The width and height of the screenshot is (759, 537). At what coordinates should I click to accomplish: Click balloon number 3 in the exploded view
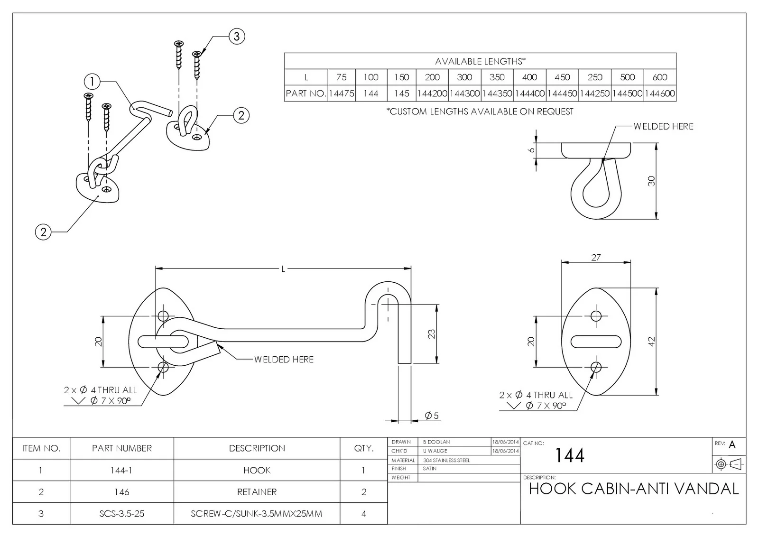tap(237, 36)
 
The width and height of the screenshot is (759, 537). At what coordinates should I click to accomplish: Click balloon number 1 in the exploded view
tap(92, 82)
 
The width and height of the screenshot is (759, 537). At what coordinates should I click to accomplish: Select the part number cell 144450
tap(562, 93)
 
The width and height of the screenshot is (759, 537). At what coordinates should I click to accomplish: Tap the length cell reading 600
tap(659, 77)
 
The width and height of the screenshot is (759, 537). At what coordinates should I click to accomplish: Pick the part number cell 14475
tap(341, 93)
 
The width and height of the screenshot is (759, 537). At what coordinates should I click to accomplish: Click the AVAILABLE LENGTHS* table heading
tap(480, 61)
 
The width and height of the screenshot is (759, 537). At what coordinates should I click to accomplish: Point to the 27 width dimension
tap(596, 258)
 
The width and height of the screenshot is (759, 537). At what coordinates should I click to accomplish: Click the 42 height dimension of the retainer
tap(651, 342)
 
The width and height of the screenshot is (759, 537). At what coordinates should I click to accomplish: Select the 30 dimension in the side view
tap(651, 181)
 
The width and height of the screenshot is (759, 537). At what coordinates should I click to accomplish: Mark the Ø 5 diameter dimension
tap(432, 416)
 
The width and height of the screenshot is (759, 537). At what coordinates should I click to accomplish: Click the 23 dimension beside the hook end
tap(431, 334)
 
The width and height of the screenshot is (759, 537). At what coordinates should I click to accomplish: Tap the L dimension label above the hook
tap(283, 269)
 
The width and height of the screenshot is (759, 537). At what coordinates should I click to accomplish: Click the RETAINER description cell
tap(257, 492)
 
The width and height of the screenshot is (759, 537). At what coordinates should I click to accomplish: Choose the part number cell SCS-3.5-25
tap(121, 514)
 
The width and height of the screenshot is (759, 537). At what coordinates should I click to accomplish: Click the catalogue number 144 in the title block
tap(570, 456)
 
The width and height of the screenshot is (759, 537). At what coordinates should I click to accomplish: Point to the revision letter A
tap(732, 445)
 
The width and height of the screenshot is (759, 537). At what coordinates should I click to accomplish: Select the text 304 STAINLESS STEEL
tap(446, 460)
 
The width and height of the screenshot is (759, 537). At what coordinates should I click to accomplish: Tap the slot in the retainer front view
tap(596, 342)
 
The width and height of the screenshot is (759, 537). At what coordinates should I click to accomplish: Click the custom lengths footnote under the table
tap(480, 111)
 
